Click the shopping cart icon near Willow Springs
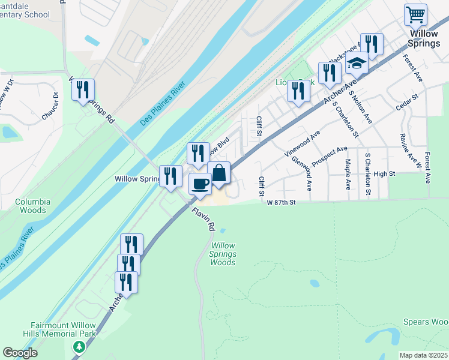pyautogui.click(x=415, y=14)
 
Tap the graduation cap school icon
pyautogui.click(x=357, y=62)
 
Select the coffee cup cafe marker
pyautogui.click(x=200, y=183)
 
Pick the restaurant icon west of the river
pyautogui.click(x=83, y=90)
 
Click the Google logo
pyautogui.click(x=20, y=353)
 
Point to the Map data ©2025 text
pyautogui.click(x=423, y=355)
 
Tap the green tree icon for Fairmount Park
pyautogui.click(x=79, y=347)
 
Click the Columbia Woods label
pyautogui.click(x=33, y=206)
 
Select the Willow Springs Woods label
pyautogui.click(x=223, y=254)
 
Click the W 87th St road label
pyautogui.click(x=282, y=203)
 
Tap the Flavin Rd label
pyautogui.click(x=203, y=219)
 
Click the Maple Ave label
pyautogui.click(x=348, y=174)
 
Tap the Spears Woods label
pyautogui.click(x=426, y=322)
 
